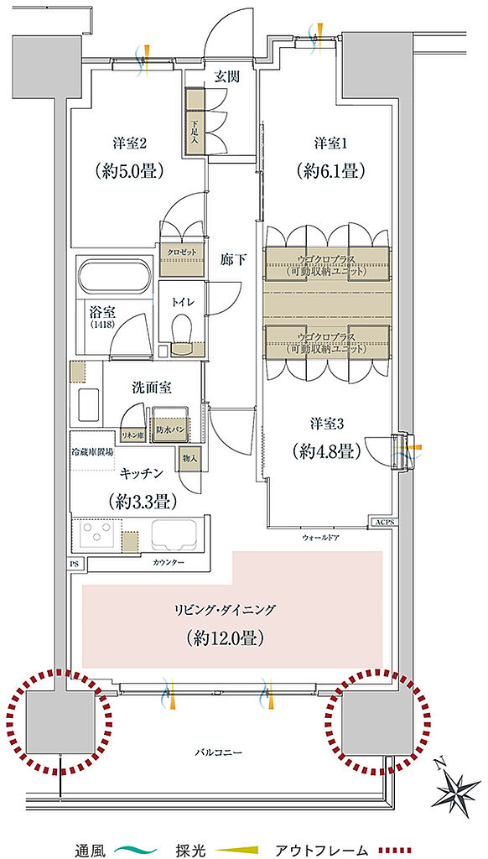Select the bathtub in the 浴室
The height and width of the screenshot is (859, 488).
point(114,274)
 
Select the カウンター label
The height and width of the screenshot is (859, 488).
point(169,561)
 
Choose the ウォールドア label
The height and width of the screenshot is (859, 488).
point(319,537)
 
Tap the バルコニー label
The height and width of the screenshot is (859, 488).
point(221,752)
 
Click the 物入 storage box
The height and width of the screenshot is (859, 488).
point(189,459)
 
